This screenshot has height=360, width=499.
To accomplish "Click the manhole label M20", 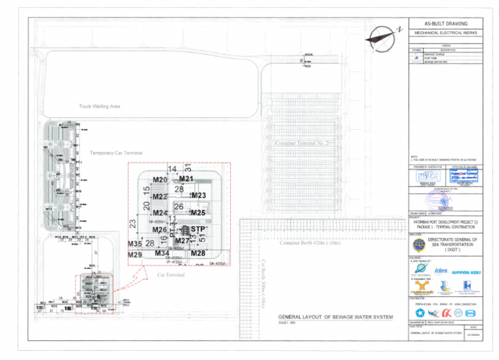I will click(160, 180).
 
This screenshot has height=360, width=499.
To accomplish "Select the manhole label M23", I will click(198, 195).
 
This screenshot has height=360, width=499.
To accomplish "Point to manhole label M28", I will click(198, 253).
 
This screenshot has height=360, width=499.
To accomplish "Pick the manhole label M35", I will click(134, 244).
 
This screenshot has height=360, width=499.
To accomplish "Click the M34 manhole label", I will click(162, 253).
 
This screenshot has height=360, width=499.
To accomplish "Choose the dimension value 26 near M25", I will click(179, 207).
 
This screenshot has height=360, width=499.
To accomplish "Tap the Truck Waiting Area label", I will click(99, 106).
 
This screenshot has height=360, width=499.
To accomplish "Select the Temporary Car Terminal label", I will click(116, 153).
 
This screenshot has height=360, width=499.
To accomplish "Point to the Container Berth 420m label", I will click(309, 243).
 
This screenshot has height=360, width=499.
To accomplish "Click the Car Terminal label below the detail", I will click(171, 275).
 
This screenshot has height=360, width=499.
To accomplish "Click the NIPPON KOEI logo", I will click(468, 270).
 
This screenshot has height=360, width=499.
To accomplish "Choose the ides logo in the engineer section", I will click(441, 270).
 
